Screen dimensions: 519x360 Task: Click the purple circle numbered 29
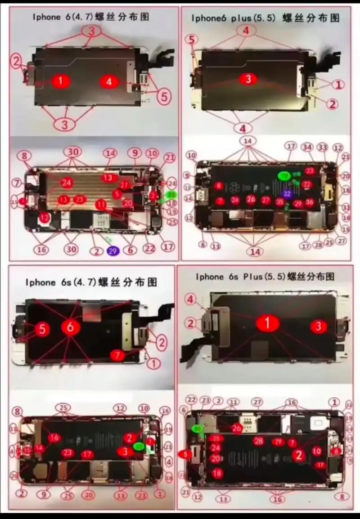click(112, 251)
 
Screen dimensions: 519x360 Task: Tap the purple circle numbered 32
click(287, 193)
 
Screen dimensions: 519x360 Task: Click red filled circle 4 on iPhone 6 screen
click(109, 82)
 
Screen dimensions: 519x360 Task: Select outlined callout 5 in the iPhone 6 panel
click(164, 96)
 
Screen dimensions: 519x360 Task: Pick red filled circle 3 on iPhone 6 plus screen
click(248, 79)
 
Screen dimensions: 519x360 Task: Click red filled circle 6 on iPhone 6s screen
click(70, 327)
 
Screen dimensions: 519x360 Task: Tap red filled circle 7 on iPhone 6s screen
click(118, 355)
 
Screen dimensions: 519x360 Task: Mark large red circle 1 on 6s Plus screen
click(268, 323)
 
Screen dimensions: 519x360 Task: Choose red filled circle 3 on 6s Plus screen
click(319, 326)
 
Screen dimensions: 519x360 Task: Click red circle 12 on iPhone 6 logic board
click(44, 217)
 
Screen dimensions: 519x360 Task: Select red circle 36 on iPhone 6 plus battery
click(309, 202)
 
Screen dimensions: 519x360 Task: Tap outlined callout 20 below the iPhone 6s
click(89, 495)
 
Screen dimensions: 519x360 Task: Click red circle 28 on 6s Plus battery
click(258, 441)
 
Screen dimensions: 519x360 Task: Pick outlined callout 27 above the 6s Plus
click(257, 402)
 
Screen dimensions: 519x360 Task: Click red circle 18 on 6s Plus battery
click(217, 473)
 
